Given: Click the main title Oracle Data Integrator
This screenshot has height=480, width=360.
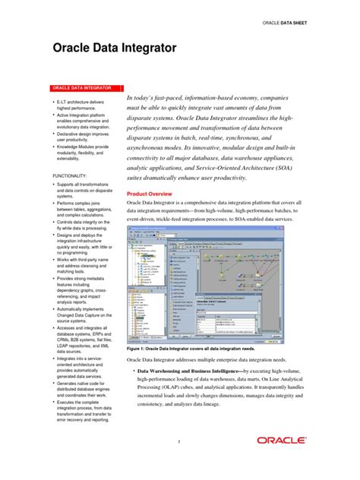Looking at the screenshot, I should [x=114, y=48].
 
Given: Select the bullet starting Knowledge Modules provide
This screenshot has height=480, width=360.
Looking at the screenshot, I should [x=84, y=153].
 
